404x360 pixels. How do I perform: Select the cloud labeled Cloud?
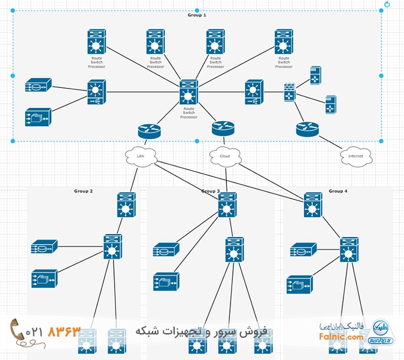click(x=225, y=156)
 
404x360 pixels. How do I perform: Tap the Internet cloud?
click(x=355, y=156)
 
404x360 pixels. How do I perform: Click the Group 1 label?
click(x=197, y=15)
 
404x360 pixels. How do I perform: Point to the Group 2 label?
click(x=83, y=191)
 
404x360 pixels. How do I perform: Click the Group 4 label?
click(x=338, y=191)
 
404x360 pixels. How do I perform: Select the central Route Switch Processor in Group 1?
click(x=189, y=92)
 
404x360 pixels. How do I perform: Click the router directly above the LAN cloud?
click(x=149, y=130)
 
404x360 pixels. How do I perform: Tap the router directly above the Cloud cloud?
click(x=222, y=127)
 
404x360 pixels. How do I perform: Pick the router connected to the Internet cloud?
click(x=308, y=129)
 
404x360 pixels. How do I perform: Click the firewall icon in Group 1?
click(x=289, y=91)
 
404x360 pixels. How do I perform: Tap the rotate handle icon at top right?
click(x=387, y=5)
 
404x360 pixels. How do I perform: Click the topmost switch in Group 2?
click(x=126, y=205)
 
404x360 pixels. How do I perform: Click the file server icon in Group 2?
click(x=44, y=278)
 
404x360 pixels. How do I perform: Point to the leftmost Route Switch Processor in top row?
click(x=96, y=43)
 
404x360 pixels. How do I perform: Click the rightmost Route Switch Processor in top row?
click(x=284, y=43)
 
